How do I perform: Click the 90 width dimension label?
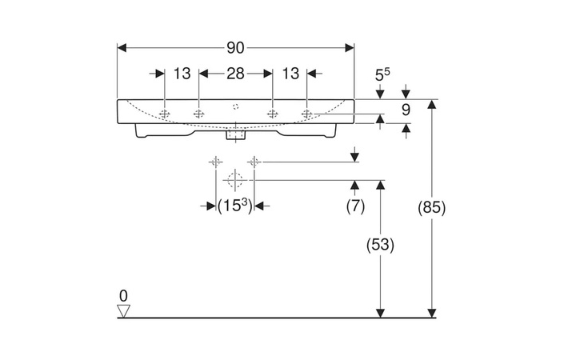[x=235, y=47]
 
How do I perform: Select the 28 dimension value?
[x=234, y=74]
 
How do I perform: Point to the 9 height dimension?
[x=406, y=110]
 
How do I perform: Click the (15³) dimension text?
[x=235, y=206]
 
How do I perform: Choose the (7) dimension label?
[x=355, y=206]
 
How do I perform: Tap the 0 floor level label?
[x=122, y=295]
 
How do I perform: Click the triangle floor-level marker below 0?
[x=122, y=310]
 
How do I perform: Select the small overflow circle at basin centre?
[x=235, y=106]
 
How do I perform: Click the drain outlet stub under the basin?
[x=235, y=135]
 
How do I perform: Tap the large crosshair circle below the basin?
[x=235, y=178]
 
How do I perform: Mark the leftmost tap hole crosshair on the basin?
[x=164, y=114]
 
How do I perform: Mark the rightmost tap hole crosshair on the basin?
[x=306, y=114]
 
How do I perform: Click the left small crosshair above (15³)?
[x=216, y=162]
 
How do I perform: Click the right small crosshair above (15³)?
[x=254, y=162]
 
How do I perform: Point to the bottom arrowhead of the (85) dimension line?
[x=432, y=313]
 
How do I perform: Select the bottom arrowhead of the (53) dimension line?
[x=381, y=313]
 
